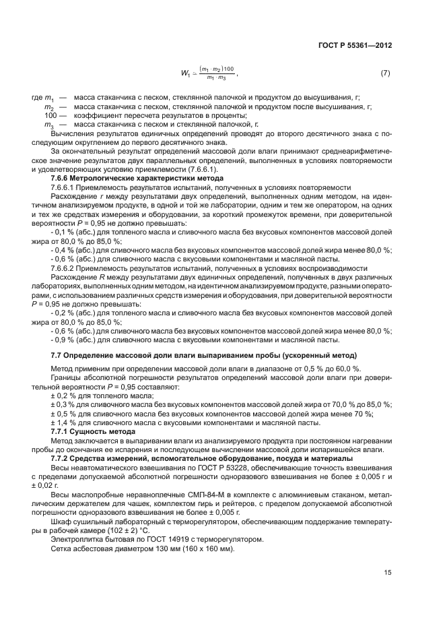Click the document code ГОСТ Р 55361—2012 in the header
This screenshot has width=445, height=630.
(x=354, y=45)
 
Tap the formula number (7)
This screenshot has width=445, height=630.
(x=386, y=72)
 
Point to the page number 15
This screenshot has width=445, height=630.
(x=387, y=573)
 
